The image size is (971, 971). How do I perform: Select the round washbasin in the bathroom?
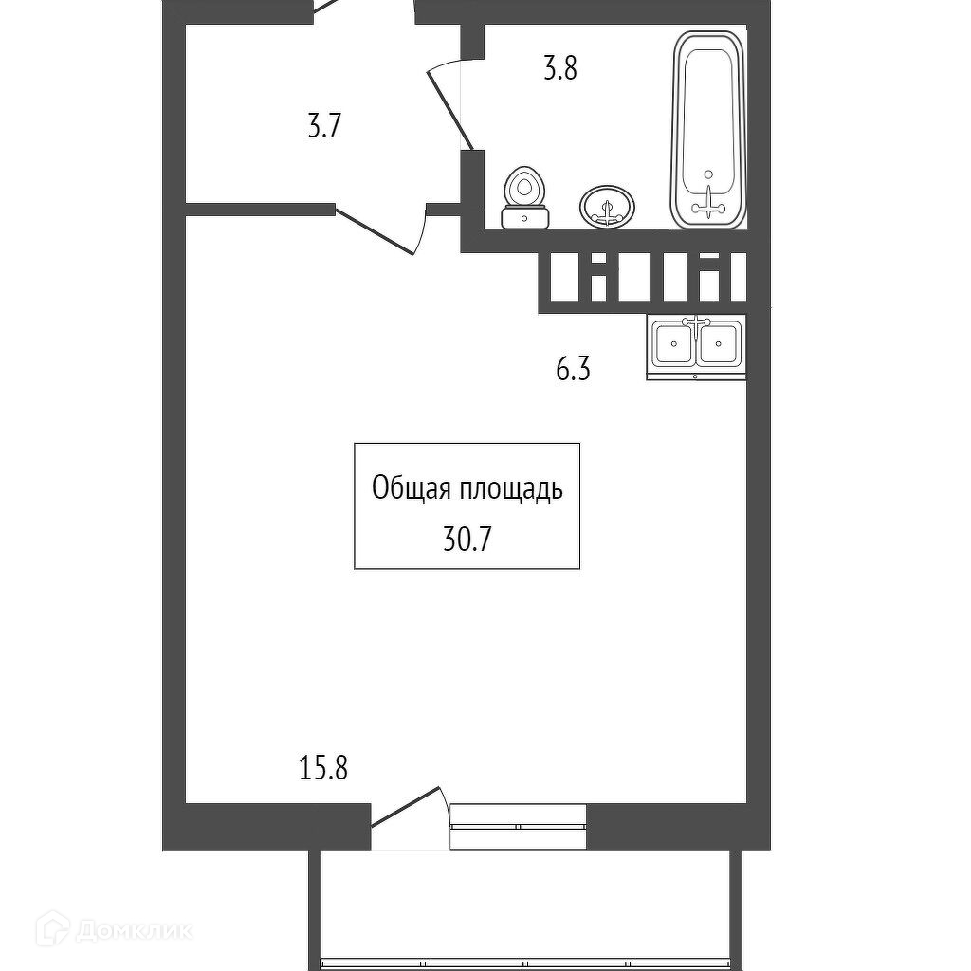tap(608, 205)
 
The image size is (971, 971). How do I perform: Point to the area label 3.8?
tap(559, 69)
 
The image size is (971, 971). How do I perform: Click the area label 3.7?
tap(323, 127)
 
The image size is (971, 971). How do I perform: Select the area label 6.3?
tap(573, 369)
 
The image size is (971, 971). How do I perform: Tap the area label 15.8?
tap(323, 766)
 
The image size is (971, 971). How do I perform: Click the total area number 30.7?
tap(467, 540)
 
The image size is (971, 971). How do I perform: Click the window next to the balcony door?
tap(518, 825)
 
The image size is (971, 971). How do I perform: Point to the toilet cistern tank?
tap(524, 217)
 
